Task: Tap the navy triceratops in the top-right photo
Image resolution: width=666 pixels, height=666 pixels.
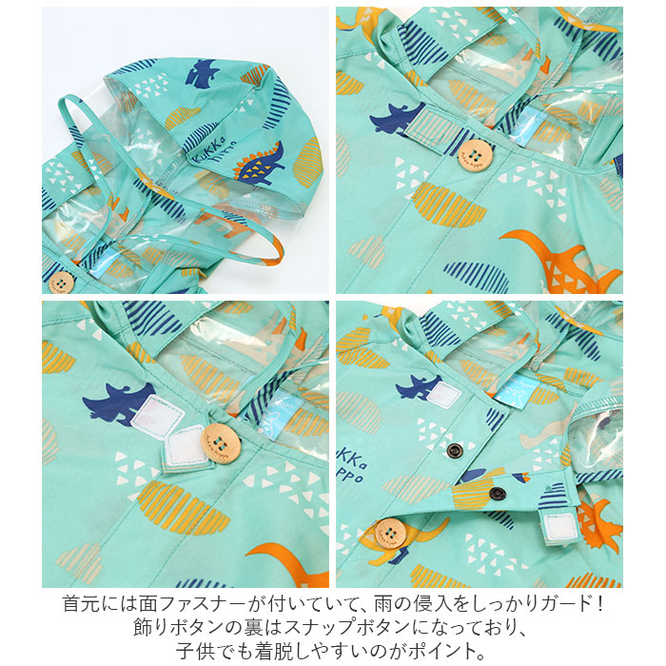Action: tap(398, 117)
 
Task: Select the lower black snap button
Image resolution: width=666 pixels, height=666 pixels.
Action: tap(497, 493)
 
